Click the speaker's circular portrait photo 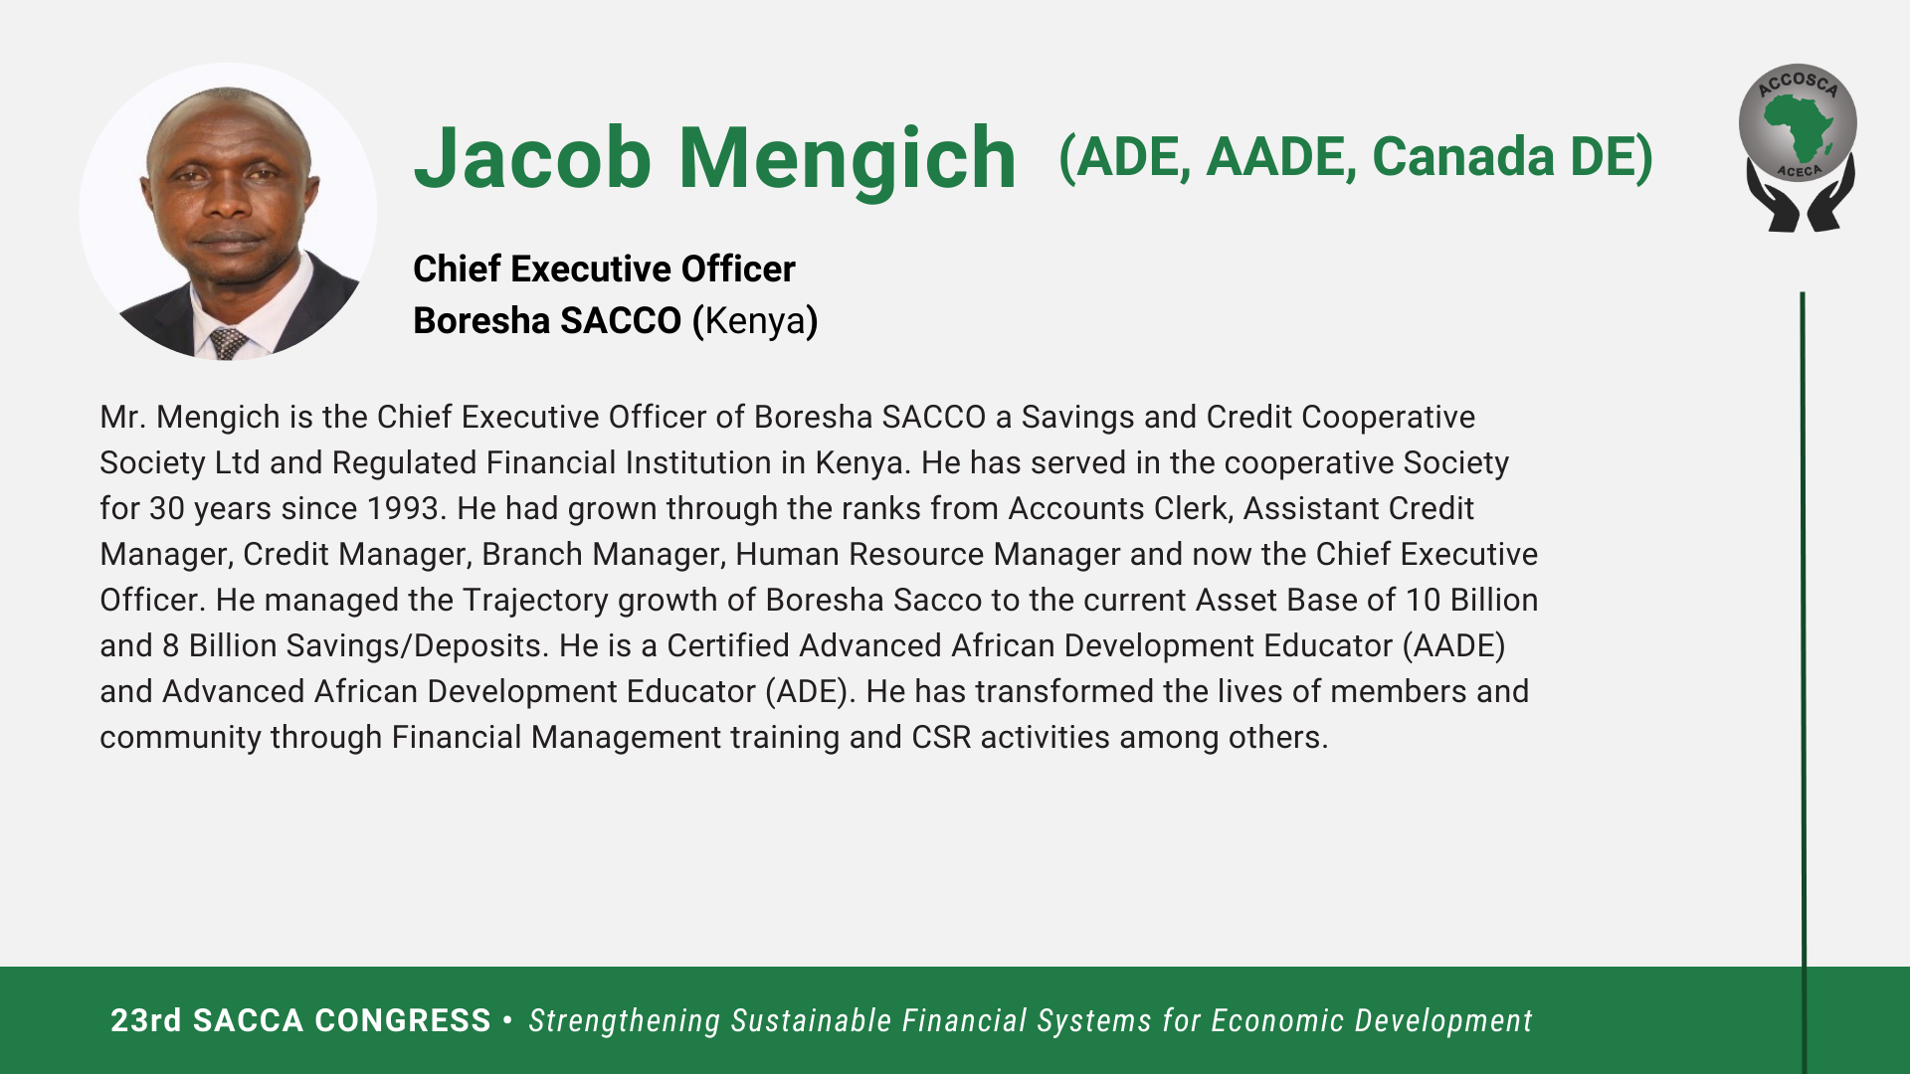pyautogui.click(x=228, y=212)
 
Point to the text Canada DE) pyautogui.click(x=1512, y=157)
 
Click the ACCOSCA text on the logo pyautogui.click(x=1798, y=84)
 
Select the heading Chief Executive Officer pyautogui.click(x=604, y=268)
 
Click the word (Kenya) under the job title pyautogui.click(x=755, y=321)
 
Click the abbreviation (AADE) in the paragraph pyautogui.click(x=1453, y=646)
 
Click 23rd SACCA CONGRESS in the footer pyautogui.click(x=300, y=1020)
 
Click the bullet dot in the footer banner pyautogui.click(x=508, y=1019)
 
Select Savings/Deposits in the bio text pyautogui.click(x=418, y=646)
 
